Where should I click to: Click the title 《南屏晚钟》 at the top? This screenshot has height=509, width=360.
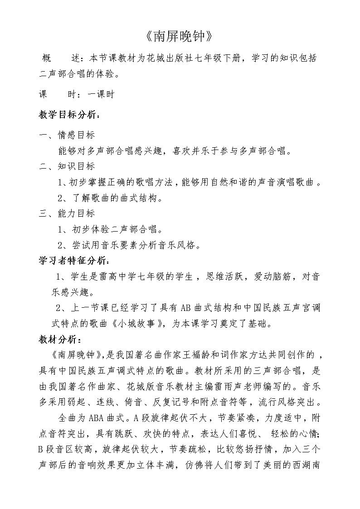pyautogui.click(x=180, y=36)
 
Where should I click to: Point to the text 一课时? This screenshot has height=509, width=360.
pyautogui.click(x=100, y=94)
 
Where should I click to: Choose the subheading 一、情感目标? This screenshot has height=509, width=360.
pyautogui.click(x=67, y=135)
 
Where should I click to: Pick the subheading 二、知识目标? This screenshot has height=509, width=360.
pyautogui.click(x=67, y=166)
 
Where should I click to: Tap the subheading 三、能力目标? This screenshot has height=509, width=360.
pyautogui.click(x=67, y=213)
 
